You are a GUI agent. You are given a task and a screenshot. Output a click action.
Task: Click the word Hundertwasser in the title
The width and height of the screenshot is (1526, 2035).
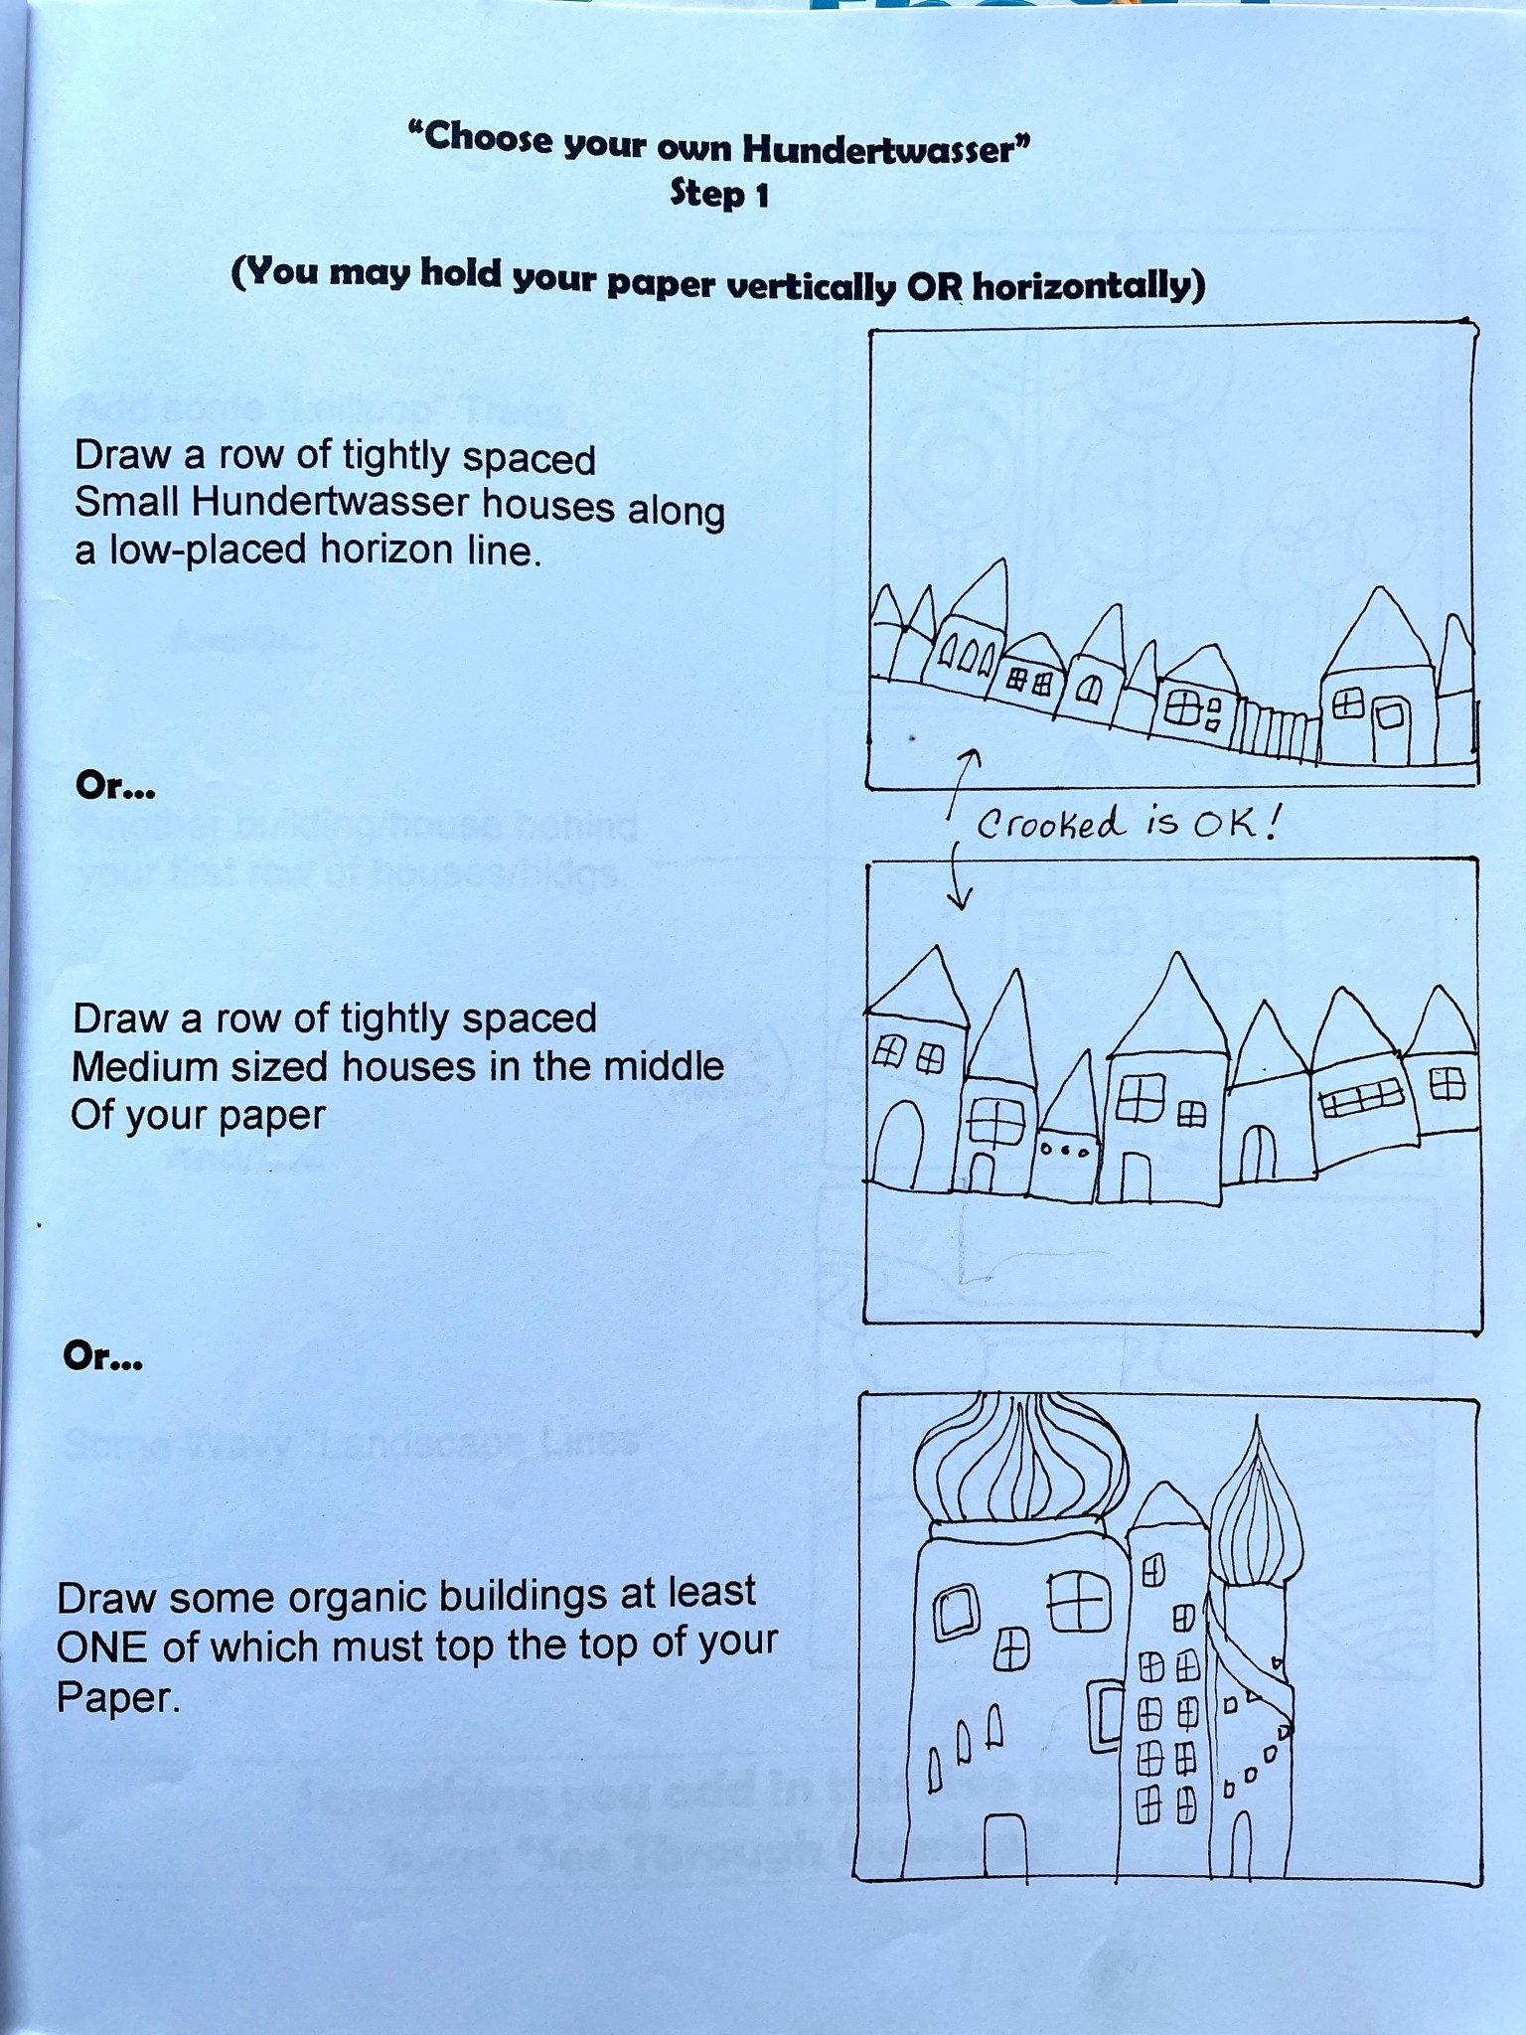tap(879, 150)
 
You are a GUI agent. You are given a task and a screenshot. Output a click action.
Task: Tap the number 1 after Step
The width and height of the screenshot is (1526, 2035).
tap(761, 196)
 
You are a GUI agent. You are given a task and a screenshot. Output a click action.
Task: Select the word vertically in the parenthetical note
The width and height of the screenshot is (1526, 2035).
tap(811, 286)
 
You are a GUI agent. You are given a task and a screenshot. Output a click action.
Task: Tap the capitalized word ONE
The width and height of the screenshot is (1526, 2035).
tap(103, 1647)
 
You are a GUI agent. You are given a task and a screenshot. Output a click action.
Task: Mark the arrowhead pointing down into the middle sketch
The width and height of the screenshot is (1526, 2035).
tap(960, 900)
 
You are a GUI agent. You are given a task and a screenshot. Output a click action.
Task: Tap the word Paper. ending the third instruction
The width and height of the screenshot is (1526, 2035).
tap(118, 1697)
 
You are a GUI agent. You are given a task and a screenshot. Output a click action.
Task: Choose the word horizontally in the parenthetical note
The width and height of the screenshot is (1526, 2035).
tap(1088, 287)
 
